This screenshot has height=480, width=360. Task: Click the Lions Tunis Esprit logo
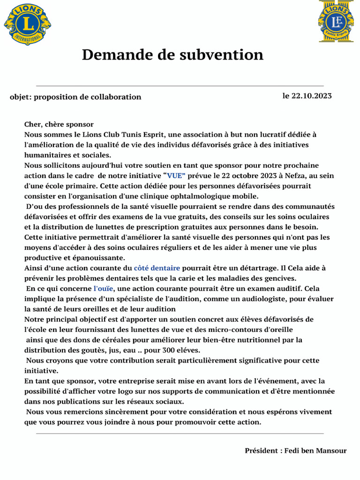click(336, 22)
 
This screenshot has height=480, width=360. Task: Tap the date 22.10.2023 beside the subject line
click(311, 96)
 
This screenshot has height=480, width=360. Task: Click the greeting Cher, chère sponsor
click(59, 124)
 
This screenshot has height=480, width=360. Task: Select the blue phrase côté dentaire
click(157, 268)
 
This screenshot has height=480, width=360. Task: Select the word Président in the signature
click(262, 450)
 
